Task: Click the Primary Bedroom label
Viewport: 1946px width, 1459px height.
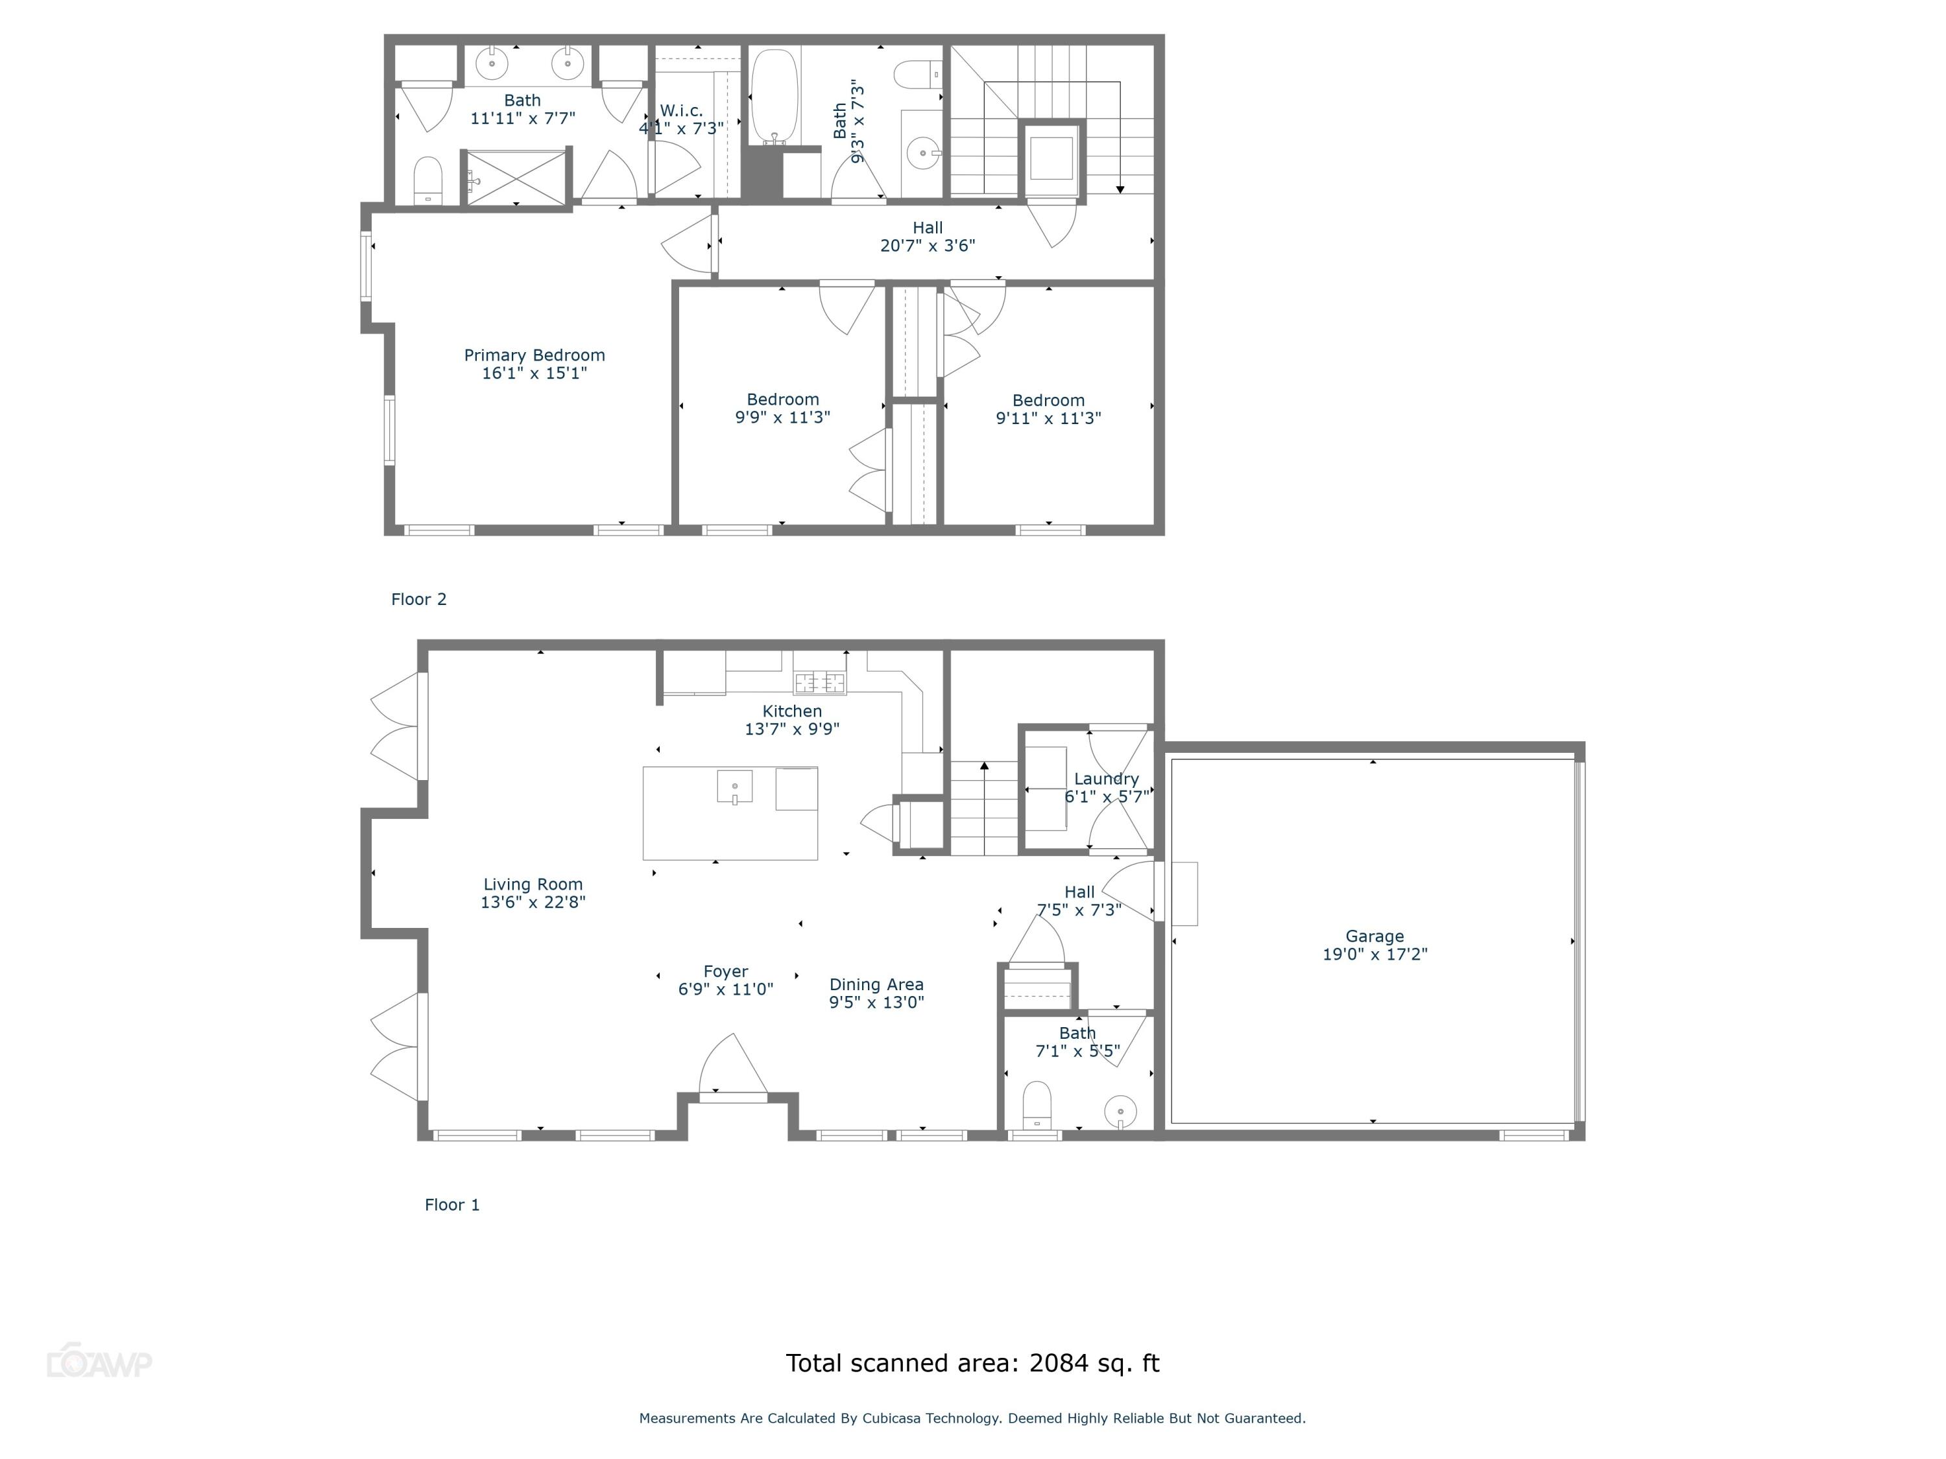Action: tap(534, 355)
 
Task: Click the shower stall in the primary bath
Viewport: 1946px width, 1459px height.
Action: tap(516, 178)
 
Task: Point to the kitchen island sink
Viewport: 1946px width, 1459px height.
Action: tap(734, 786)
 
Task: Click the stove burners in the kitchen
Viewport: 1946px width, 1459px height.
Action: tap(819, 682)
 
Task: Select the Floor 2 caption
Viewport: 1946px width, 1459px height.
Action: tap(419, 599)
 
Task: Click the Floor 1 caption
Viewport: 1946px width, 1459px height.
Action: tap(452, 1205)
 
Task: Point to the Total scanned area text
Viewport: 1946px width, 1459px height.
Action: tap(972, 1363)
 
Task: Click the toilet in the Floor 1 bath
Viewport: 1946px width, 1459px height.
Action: tap(1037, 1104)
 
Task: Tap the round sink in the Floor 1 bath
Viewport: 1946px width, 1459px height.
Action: tap(1120, 1111)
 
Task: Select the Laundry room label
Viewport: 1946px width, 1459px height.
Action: tap(1106, 779)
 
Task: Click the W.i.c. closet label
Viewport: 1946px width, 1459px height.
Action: tap(681, 111)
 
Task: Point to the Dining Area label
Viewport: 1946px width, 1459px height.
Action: tap(876, 985)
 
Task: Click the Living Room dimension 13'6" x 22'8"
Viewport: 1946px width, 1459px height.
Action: tap(533, 903)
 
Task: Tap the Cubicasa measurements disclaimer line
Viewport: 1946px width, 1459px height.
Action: tap(972, 1417)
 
